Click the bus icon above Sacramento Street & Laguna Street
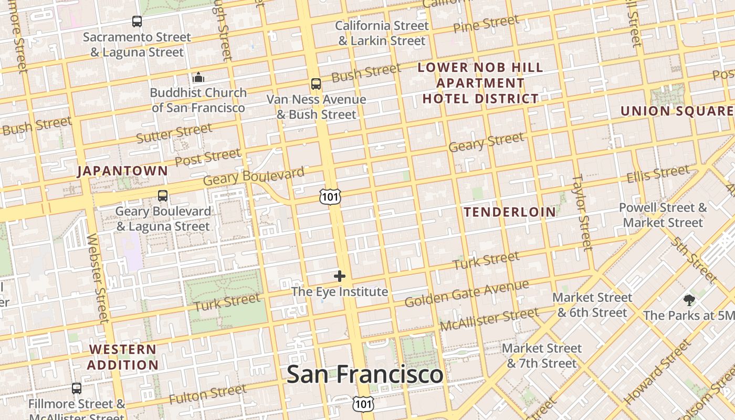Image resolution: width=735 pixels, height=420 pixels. pos(137,22)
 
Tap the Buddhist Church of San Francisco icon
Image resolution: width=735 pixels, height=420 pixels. pos(198,78)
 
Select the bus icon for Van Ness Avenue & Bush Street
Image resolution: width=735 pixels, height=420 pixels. pos(316,84)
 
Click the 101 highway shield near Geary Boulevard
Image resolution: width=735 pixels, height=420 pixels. pos(330,197)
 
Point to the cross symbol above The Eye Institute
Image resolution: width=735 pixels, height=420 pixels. pos(340,276)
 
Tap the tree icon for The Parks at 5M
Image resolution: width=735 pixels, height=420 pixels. pos(689,300)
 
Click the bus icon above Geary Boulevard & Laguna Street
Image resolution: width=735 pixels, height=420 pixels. pos(163,196)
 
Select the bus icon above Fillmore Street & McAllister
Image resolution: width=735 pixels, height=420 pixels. pos(77,388)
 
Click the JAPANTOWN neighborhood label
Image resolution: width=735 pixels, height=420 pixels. pos(122,171)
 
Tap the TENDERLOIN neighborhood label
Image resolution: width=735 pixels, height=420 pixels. pos(510,212)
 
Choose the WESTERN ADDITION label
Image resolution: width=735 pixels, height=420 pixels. pos(123,357)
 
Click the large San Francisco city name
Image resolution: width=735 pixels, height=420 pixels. pos(365,374)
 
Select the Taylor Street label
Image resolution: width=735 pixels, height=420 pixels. pos(582,213)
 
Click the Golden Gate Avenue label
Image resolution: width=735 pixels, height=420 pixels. pos(467,294)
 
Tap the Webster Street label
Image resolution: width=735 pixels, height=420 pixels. pos(97,278)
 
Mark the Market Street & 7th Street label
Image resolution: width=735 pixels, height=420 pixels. pos(542,355)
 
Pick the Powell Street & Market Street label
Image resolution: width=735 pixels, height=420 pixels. pos(663,215)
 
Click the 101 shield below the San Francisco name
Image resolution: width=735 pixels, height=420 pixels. pos(363,404)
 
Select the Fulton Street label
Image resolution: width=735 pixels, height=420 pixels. pos(207,394)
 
